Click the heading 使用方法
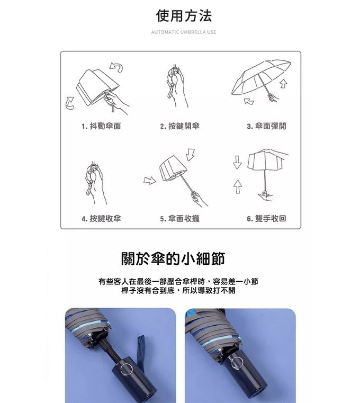point(184,16)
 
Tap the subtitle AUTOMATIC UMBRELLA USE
point(184,32)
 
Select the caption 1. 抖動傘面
point(101,126)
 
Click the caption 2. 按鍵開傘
point(180,126)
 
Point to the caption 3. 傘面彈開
point(267,126)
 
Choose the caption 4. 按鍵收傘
point(101,218)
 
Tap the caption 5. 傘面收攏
point(180,218)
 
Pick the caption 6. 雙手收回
point(267,218)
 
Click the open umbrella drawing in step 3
point(261,77)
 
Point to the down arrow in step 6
point(237,163)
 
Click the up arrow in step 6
point(237,186)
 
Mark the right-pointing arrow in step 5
point(150,181)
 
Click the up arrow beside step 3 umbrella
point(283,83)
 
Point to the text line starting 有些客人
point(178,281)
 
